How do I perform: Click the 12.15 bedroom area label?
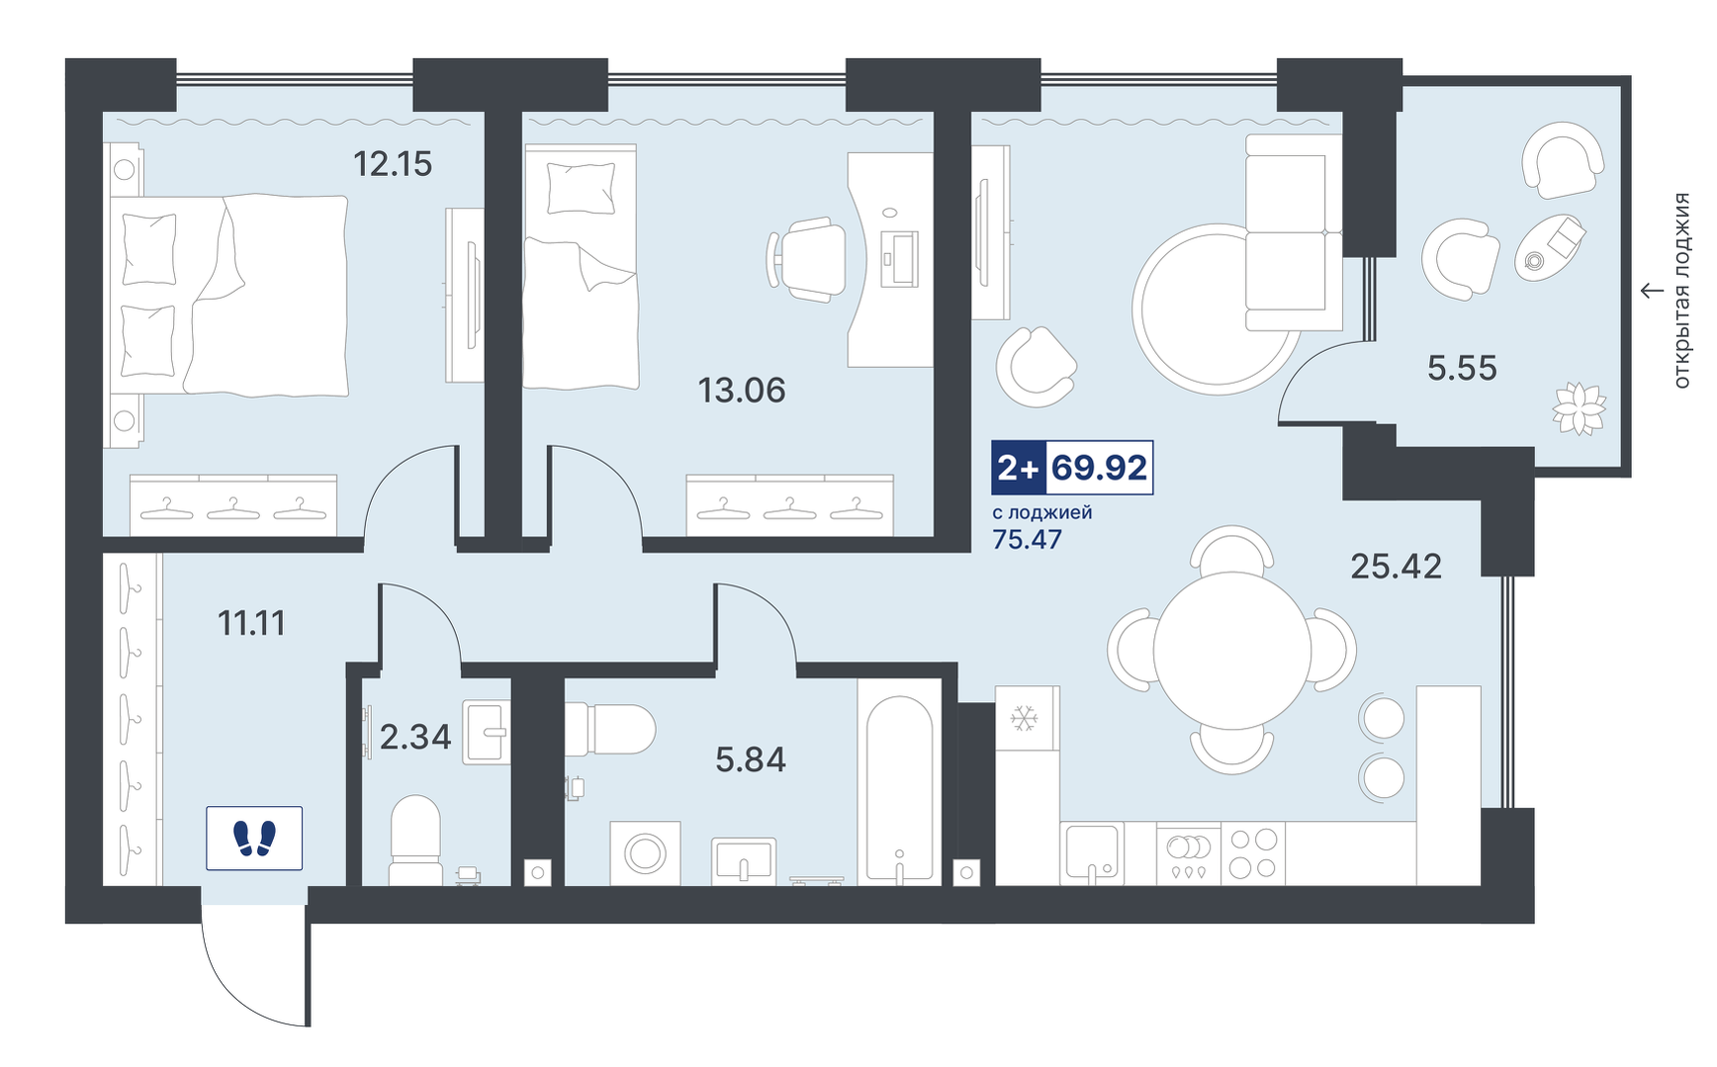coord(393,163)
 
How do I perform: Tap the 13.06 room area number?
coord(742,391)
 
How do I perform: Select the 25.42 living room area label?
coord(1396,567)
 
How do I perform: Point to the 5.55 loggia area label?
coord(1462,369)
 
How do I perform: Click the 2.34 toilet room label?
coord(415,737)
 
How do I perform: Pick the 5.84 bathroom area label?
coord(751,759)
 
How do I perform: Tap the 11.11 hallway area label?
coord(251,623)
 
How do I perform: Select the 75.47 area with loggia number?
coord(1027,539)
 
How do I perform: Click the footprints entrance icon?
coord(254,839)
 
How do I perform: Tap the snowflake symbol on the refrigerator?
coord(1024,718)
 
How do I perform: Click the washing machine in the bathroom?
coord(645,852)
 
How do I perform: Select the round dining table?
coord(1232,651)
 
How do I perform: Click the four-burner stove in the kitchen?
coord(1252,853)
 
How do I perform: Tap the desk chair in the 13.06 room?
coord(807,259)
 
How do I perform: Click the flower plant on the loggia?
coord(1579,408)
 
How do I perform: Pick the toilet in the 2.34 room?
coord(415,840)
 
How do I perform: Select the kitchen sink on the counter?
coord(1092,852)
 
